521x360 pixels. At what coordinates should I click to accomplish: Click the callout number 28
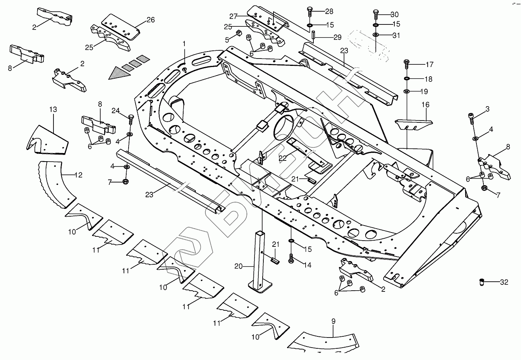click(329, 11)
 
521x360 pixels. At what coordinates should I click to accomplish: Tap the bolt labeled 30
click(376, 14)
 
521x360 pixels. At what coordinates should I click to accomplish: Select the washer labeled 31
click(376, 34)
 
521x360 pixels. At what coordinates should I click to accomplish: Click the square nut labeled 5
click(238, 33)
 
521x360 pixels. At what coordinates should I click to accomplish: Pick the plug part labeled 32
click(482, 282)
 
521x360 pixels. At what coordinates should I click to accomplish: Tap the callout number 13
click(53, 109)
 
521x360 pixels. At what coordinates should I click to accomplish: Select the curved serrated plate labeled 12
click(57, 184)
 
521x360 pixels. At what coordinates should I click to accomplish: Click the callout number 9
click(333, 321)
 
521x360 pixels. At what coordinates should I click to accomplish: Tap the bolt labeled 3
click(471, 118)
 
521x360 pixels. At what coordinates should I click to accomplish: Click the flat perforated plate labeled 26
click(121, 27)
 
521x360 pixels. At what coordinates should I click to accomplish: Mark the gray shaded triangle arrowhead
click(120, 73)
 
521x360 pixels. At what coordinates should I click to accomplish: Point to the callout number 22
click(283, 158)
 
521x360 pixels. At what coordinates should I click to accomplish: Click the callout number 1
click(184, 44)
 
